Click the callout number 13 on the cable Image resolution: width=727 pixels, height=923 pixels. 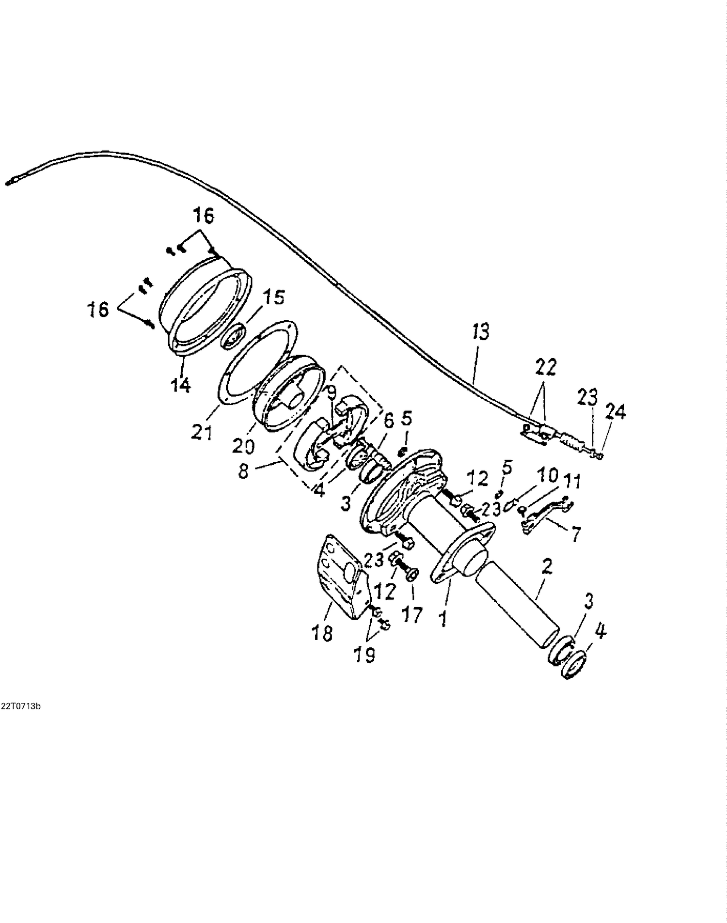tap(480, 332)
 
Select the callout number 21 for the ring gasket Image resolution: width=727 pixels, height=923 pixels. tap(202, 432)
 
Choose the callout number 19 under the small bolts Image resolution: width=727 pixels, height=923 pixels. tap(364, 655)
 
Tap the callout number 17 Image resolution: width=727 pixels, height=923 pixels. tap(412, 615)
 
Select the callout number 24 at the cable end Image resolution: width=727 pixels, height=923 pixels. tap(616, 412)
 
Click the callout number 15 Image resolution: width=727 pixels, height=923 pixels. tap(274, 297)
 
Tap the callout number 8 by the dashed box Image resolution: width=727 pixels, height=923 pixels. tap(243, 471)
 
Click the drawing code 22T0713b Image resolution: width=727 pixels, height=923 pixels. tap(20, 706)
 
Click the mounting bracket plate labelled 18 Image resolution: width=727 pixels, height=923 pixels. tap(339, 577)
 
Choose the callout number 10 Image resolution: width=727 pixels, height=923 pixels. tap(548, 475)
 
